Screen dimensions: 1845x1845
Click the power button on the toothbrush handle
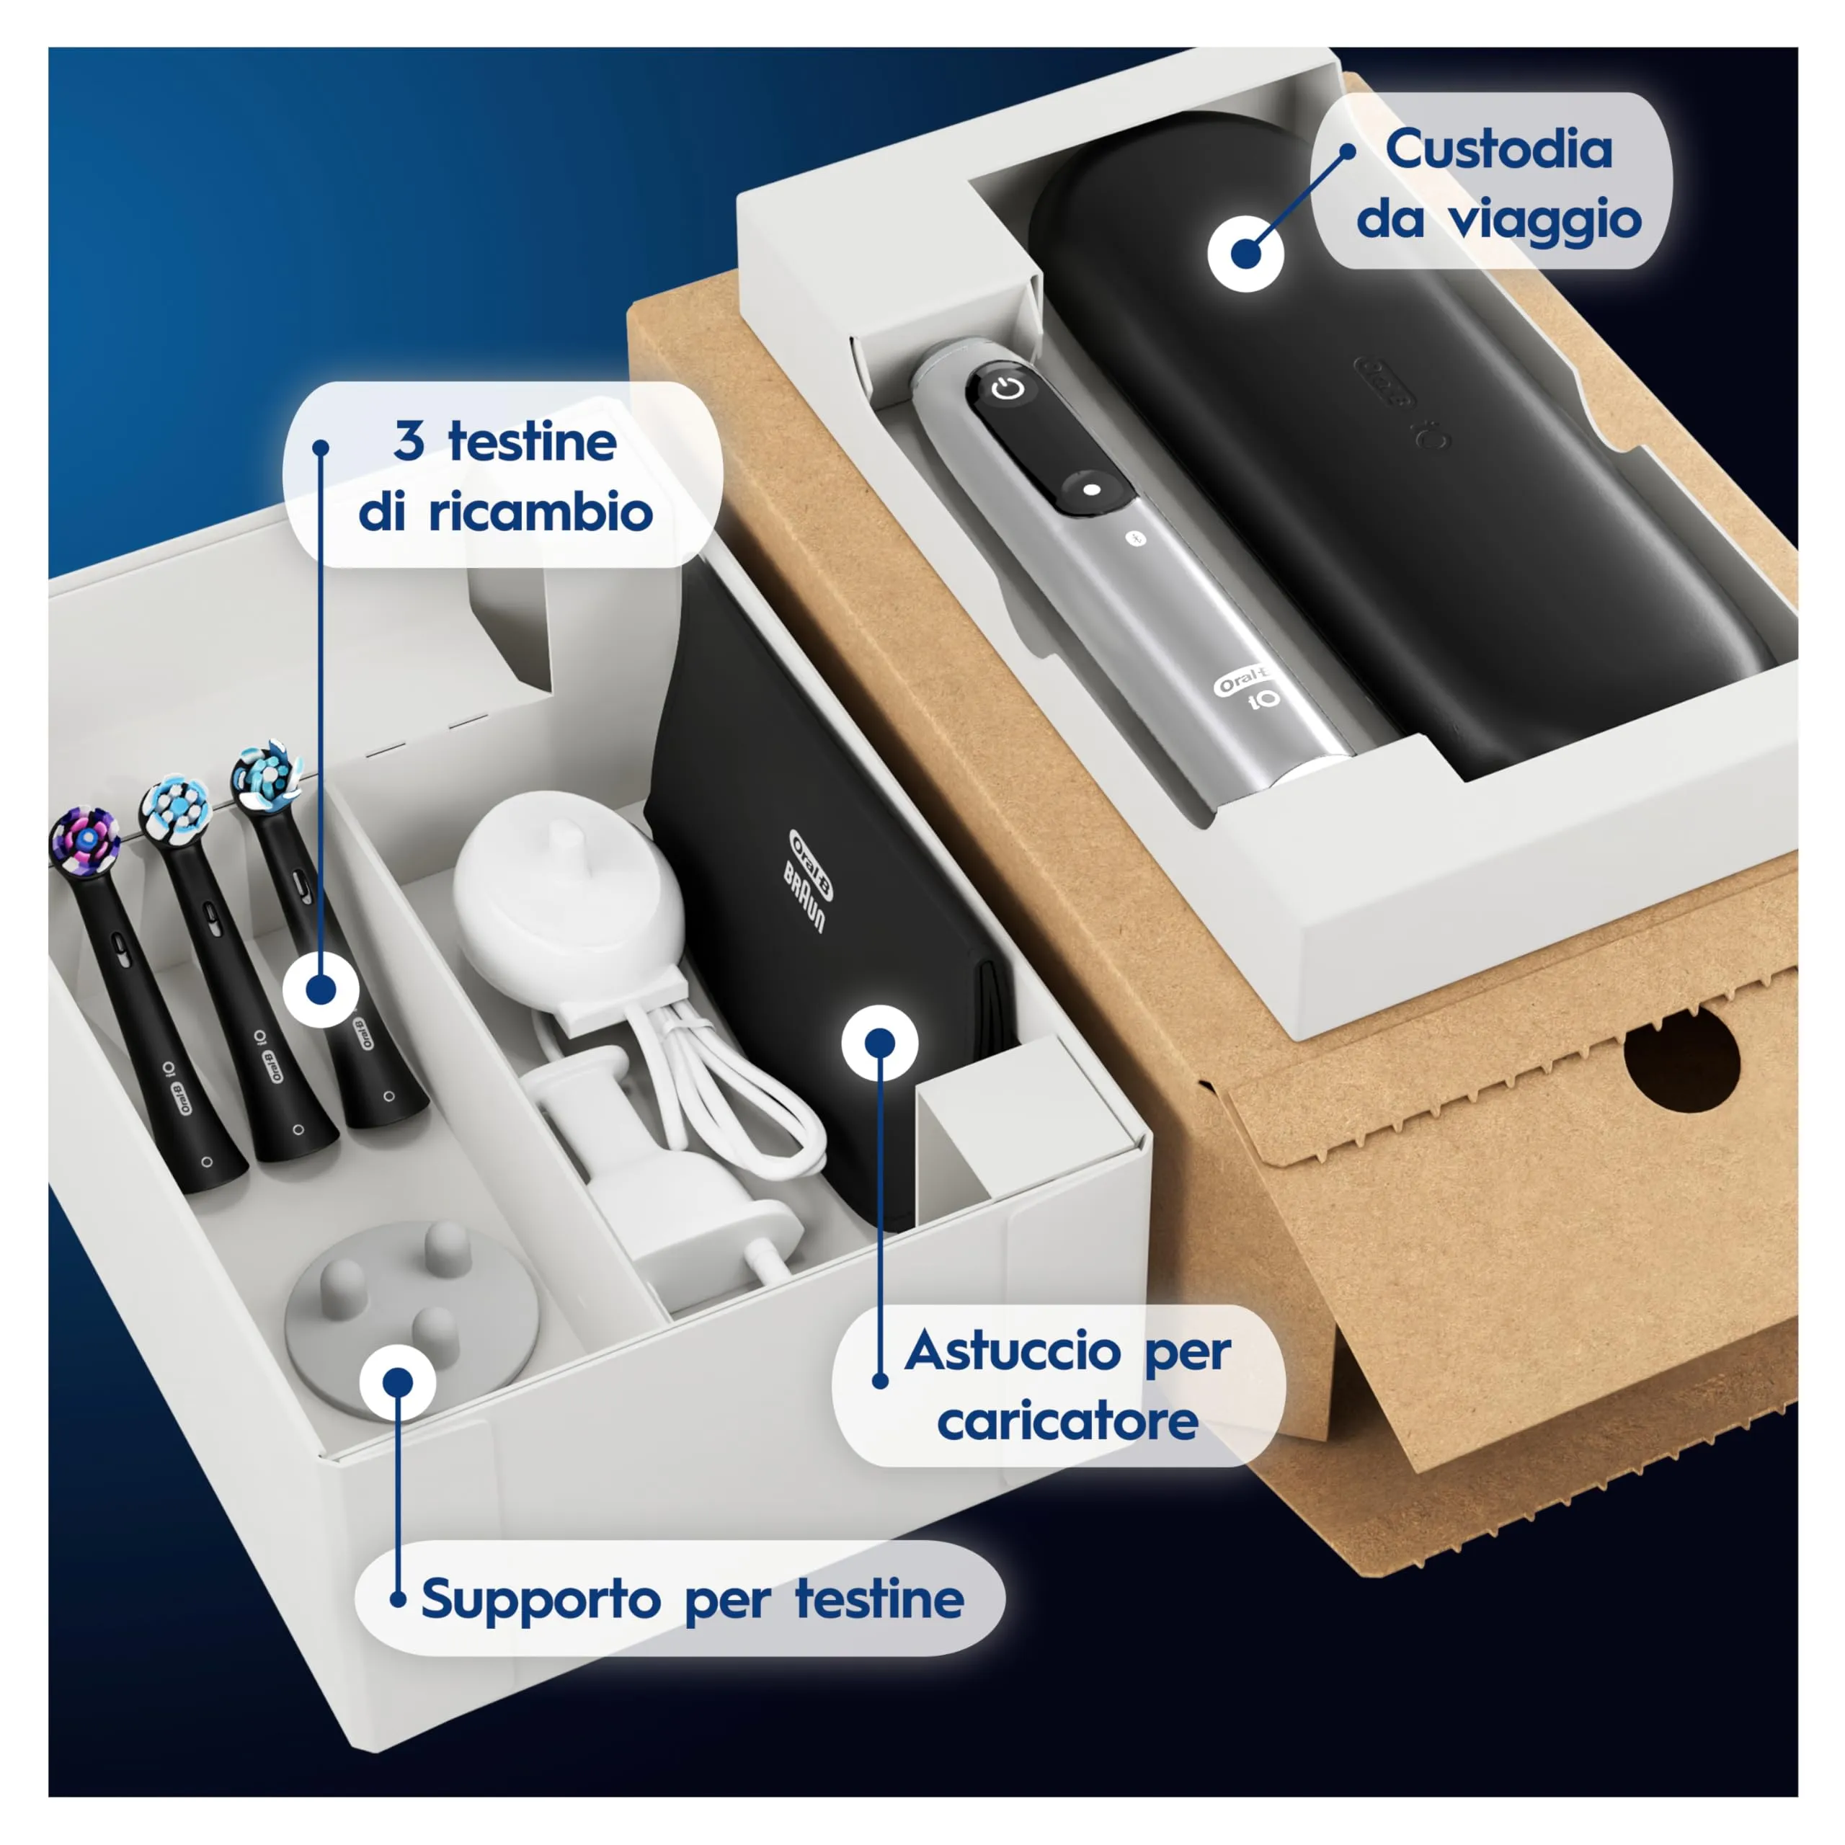1008,388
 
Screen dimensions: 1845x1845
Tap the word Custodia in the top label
1498,150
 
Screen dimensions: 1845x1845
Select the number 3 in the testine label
409,441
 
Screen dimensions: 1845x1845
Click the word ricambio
541,513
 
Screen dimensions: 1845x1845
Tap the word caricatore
1067,1423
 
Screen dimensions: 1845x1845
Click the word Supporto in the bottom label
541,1599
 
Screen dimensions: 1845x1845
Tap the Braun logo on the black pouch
804,896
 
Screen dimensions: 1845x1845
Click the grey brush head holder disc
411,1308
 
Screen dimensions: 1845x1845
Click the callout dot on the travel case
1245,254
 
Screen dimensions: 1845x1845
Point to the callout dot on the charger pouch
879,1043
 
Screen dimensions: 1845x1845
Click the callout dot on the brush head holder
397,1382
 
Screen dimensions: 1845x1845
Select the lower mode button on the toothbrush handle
1092,489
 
